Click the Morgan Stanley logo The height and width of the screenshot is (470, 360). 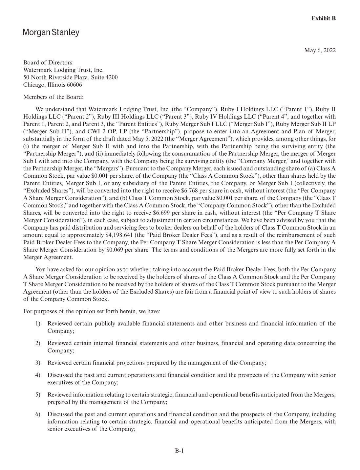point(51,33)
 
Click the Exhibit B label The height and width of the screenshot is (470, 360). point(323,18)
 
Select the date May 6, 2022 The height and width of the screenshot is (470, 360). point(320,50)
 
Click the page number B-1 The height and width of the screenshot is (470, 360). point(179,451)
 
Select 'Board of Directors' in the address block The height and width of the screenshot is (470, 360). point(48,62)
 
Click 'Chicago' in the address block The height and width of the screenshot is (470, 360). point(33,85)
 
